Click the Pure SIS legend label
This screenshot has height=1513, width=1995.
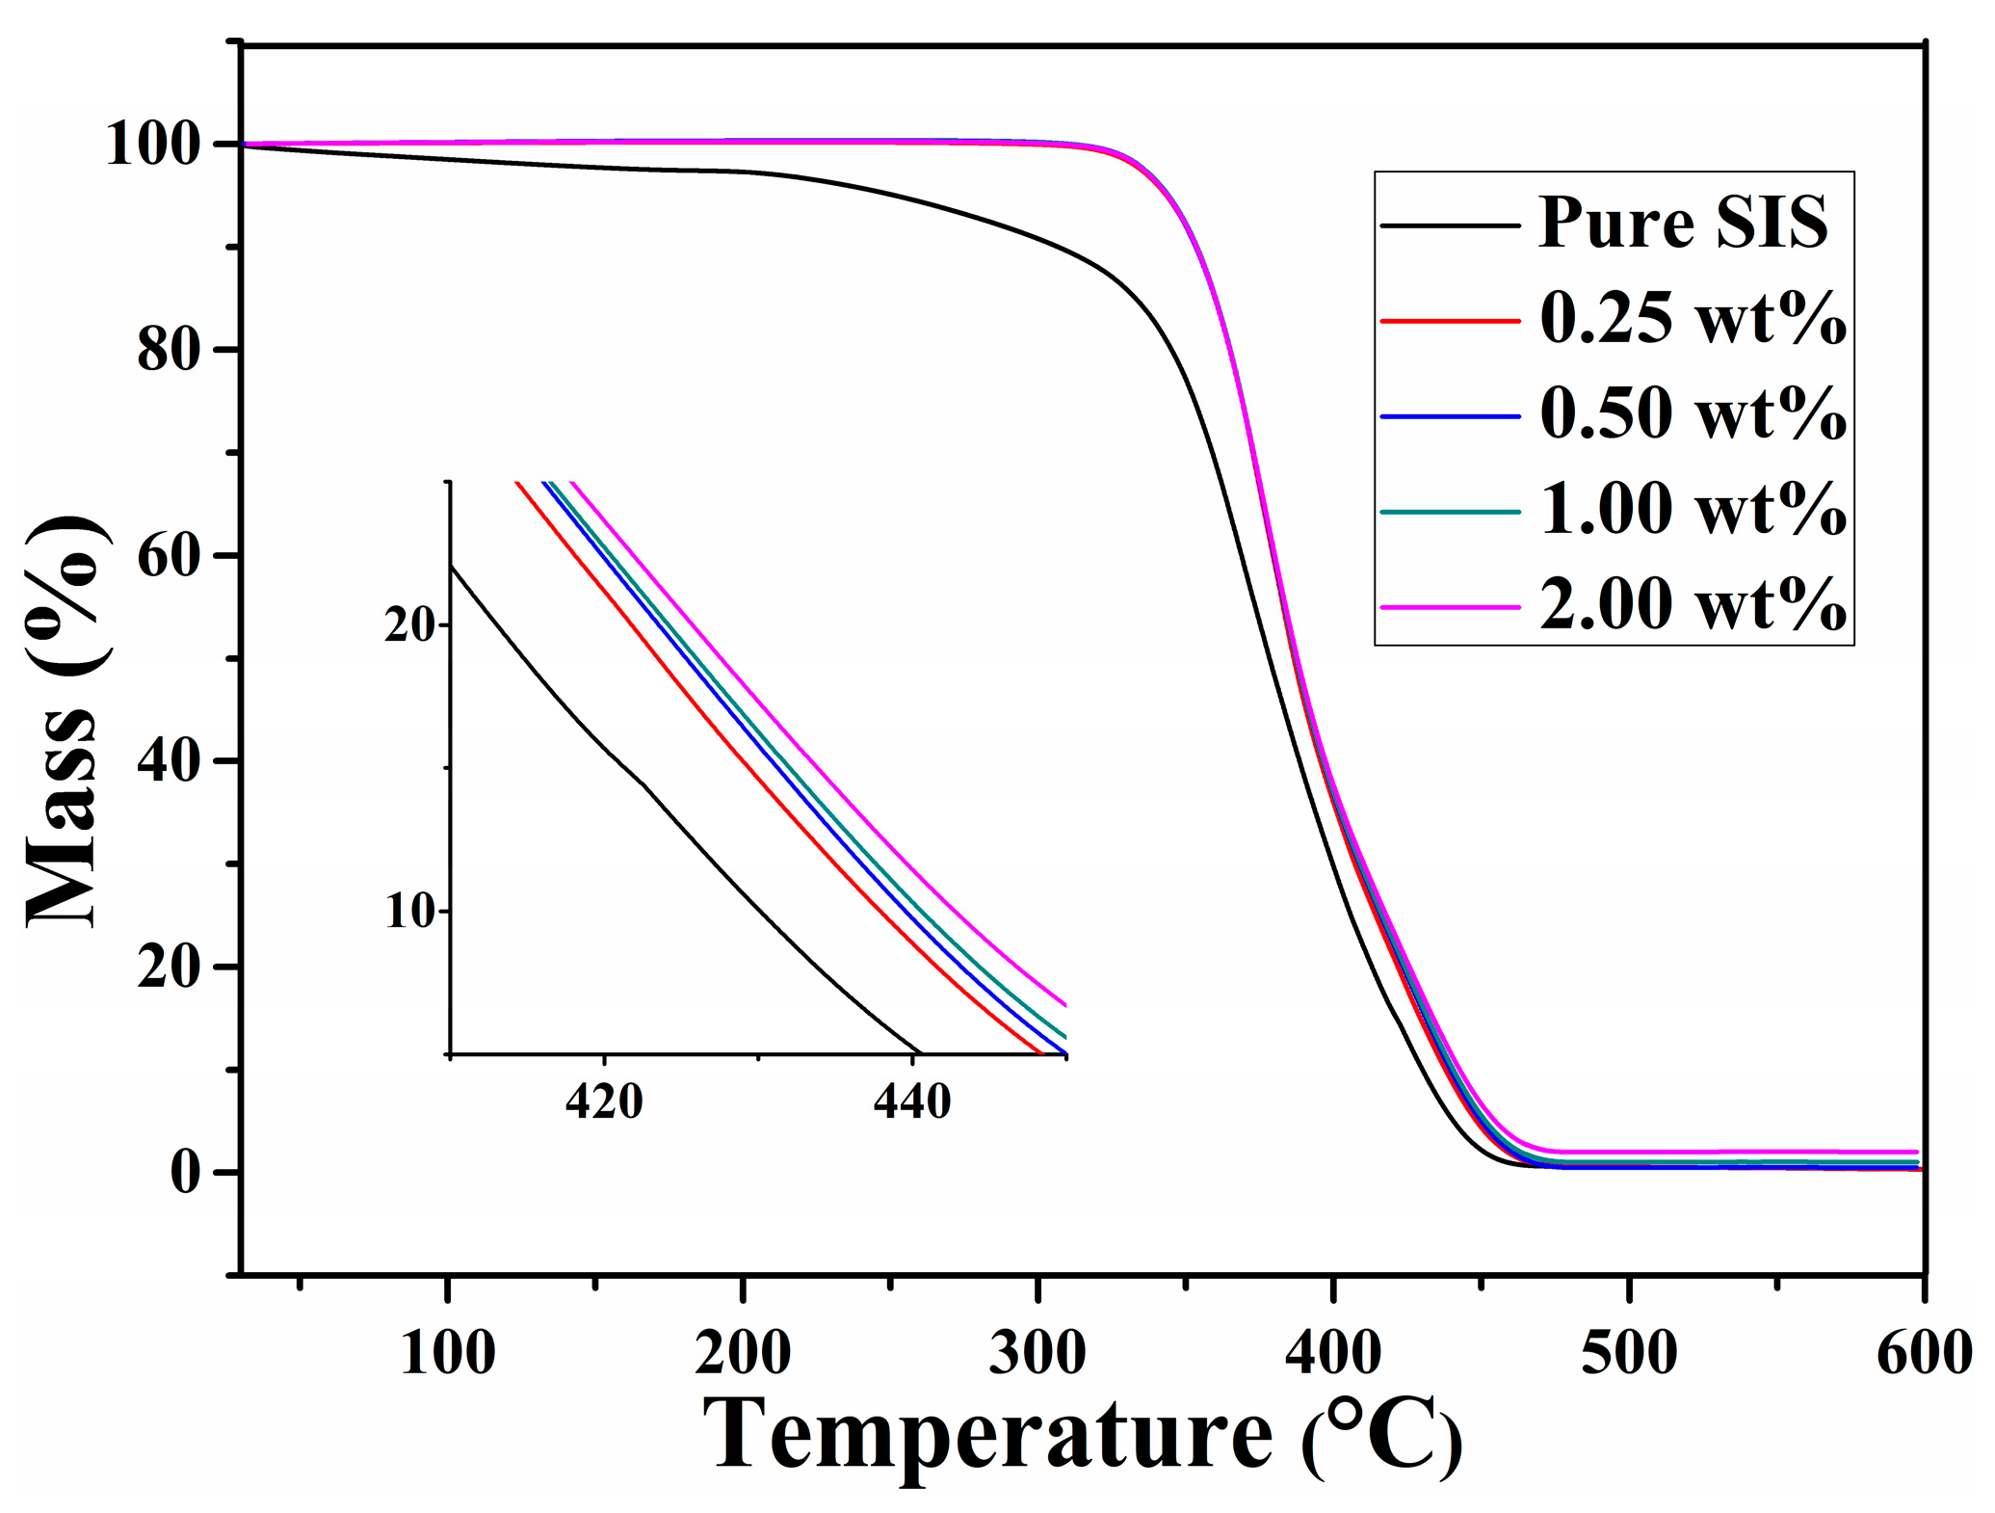1682,224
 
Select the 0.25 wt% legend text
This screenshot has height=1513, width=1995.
1693,319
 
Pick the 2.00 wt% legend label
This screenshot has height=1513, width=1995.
1693,605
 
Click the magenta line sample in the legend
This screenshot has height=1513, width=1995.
1450,607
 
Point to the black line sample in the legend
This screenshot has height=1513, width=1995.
1450,226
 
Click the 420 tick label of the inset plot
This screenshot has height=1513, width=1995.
604,1101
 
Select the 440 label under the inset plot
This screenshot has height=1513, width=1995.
911,1101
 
